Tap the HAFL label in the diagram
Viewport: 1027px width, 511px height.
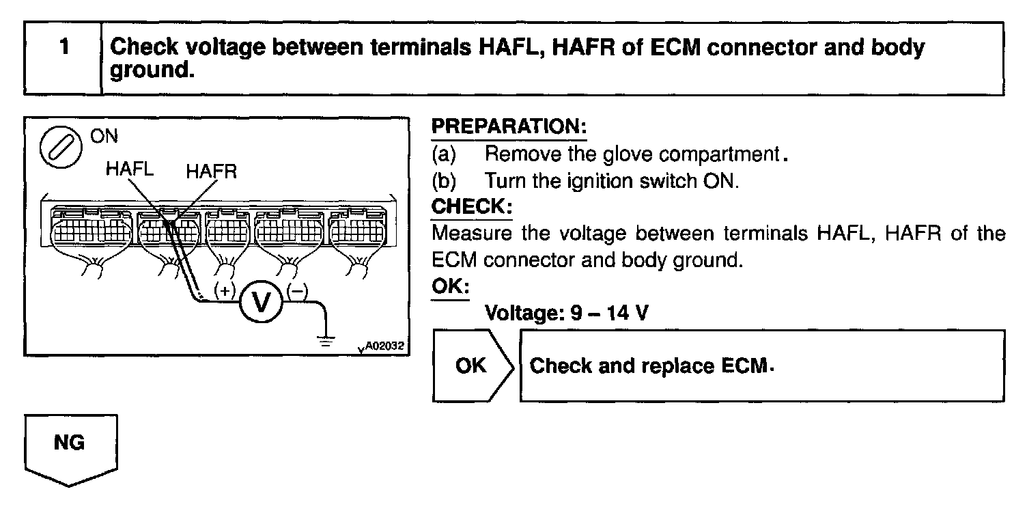click(130, 169)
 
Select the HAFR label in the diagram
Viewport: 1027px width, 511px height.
click(211, 171)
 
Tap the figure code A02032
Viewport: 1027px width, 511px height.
click(384, 346)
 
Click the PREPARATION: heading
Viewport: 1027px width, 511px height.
click(509, 128)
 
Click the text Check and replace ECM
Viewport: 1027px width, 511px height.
click(653, 366)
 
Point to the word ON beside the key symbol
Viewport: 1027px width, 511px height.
click(103, 136)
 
